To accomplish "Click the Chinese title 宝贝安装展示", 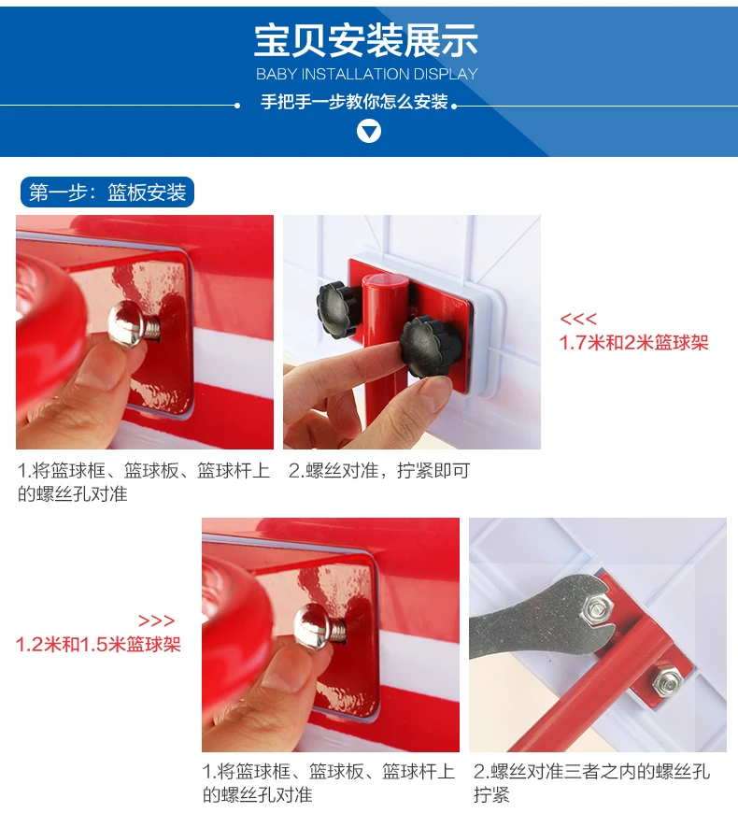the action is (366, 40).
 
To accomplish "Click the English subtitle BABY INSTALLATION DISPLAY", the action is (367, 74).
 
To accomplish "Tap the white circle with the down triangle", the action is (369, 131).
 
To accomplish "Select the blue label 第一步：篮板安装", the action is (107, 193).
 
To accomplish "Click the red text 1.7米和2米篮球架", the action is (633, 343).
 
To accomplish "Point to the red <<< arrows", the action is (578, 319).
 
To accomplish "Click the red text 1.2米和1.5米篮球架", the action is (98, 645).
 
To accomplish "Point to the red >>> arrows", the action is (157, 620).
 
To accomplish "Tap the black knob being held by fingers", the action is (431, 347).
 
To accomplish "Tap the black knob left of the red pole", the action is (337, 309).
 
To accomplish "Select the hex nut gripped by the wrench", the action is (598, 607).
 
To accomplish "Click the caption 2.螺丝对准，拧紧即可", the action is (379, 471).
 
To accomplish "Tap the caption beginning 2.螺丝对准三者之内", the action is (591, 783).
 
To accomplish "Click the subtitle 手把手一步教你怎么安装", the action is (354, 102).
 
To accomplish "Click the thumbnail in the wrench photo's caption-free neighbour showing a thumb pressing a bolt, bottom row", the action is (331, 635).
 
